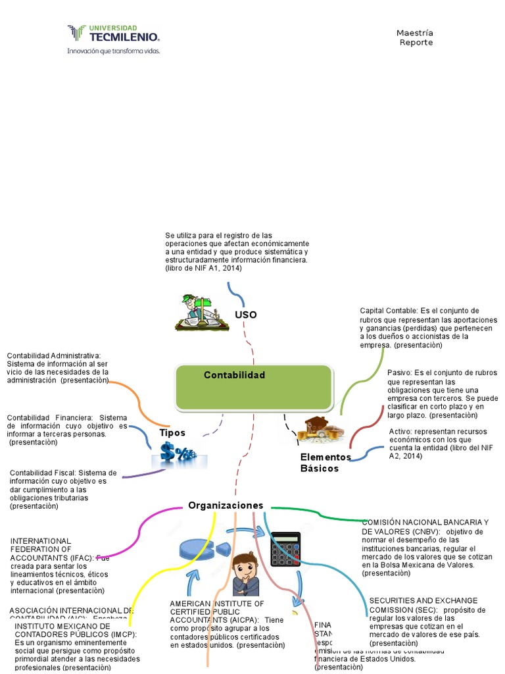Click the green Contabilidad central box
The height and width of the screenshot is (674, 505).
click(254, 387)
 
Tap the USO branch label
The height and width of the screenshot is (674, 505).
click(245, 315)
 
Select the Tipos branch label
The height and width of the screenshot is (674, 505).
click(172, 433)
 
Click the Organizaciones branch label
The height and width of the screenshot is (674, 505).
click(226, 505)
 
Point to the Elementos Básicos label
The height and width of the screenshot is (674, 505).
click(325, 463)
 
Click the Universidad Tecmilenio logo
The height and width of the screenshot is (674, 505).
click(112, 34)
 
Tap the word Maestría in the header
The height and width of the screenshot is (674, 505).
click(414, 33)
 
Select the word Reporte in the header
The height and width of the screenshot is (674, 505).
click(416, 43)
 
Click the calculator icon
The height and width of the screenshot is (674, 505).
click(285, 549)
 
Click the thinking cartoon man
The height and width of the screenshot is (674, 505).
click(245, 574)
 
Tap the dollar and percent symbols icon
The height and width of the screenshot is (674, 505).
click(179, 454)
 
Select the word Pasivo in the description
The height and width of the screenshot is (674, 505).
click(398, 373)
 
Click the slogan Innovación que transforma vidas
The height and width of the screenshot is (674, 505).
click(113, 50)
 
